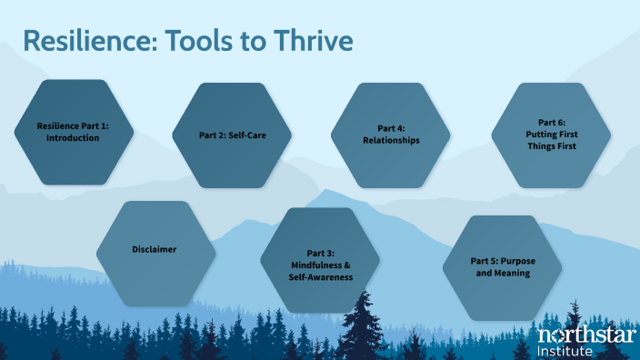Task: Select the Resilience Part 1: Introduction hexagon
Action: [73, 132]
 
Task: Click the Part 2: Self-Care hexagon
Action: [232, 135]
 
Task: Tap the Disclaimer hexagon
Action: [155, 249]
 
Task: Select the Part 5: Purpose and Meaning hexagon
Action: [503, 266]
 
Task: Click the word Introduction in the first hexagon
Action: [73, 138]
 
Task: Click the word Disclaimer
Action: [155, 249]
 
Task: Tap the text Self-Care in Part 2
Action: [245, 135]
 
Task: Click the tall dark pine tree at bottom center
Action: [363, 323]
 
